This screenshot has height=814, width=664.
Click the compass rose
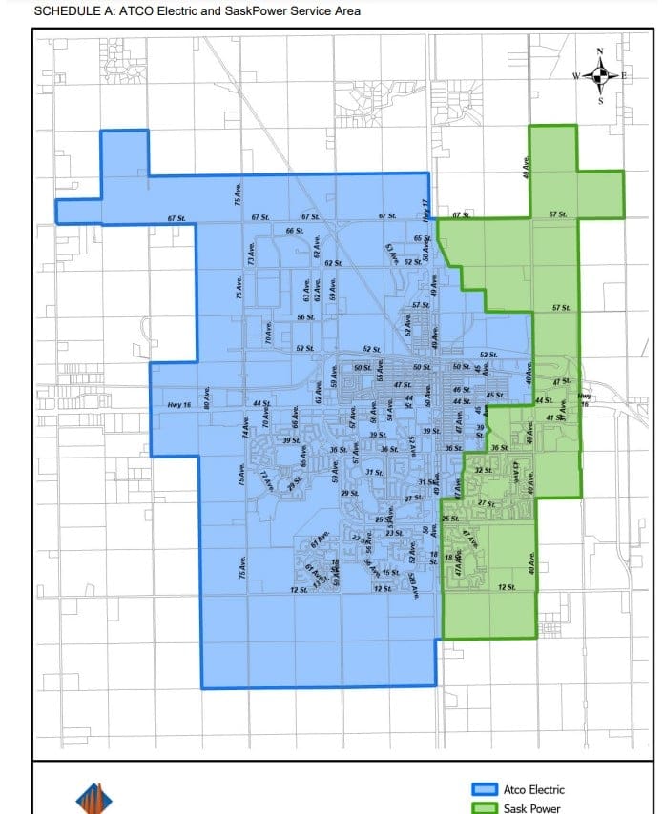(x=600, y=73)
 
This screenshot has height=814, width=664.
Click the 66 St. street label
(x=295, y=231)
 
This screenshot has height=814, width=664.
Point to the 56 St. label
(x=305, y=316)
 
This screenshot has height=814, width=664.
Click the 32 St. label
(x=483, y=471)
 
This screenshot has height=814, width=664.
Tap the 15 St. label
(x=389, y=572)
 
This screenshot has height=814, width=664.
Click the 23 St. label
(x=393, y=533)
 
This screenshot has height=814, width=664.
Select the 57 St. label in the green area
(x=561, y=308)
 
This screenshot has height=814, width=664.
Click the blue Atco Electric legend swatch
(x=486, y=789)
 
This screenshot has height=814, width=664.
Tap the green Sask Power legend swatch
(x=486, y=808)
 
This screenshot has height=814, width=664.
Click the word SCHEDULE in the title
(x=61, y=10)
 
